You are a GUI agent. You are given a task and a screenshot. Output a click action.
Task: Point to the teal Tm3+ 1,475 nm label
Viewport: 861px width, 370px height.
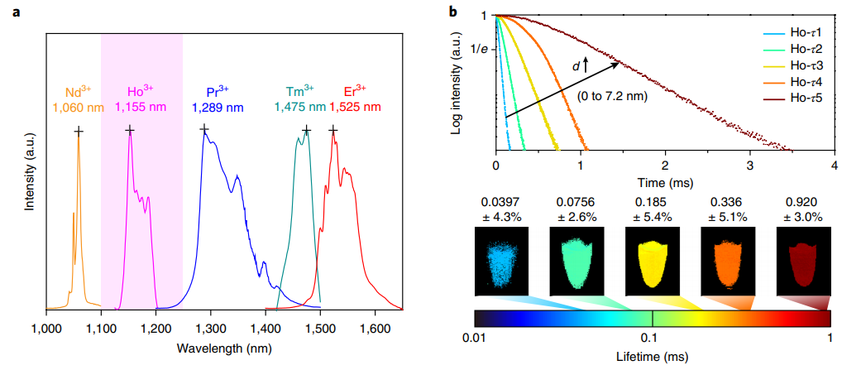tap(299, 100)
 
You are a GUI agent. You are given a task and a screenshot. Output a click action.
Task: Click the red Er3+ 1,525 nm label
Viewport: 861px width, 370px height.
tap(355, 100)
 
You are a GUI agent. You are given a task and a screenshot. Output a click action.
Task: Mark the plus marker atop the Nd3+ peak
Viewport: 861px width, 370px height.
tap(79, 131)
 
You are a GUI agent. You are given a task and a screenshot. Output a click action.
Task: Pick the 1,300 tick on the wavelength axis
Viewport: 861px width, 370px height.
tap(211, 329)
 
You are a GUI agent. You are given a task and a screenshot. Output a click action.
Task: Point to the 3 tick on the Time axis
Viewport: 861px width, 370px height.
tap(749, 165)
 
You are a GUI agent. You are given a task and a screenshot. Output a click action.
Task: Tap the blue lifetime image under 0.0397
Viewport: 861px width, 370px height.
tap(501, 262)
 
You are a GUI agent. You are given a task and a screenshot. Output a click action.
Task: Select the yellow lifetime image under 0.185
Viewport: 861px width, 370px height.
tap(652, 262)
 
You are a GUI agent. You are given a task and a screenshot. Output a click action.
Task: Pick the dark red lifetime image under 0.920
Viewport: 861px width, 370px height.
tap(803, 262)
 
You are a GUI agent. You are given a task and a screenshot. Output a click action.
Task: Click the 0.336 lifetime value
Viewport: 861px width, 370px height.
tap(726, 200)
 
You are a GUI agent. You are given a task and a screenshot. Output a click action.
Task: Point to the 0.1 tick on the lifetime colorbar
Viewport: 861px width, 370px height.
tap(652, 338)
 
